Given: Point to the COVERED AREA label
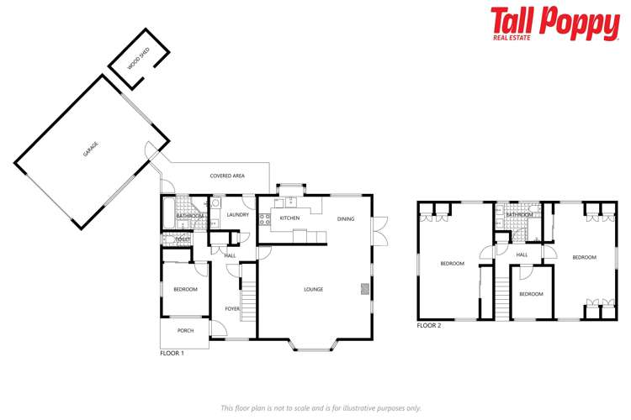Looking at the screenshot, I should coord(227,176).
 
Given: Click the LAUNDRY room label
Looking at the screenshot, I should coord(238,214).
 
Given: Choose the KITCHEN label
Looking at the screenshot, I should coord(289,218).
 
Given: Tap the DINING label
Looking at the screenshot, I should coord(346,218).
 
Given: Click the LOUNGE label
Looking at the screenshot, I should coord(314,289).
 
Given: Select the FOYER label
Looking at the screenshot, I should coord(232,309).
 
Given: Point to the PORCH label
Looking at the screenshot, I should coord(185,330).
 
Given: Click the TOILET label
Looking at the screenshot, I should coord(183,239).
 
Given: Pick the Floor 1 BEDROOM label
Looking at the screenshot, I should coord(185,289).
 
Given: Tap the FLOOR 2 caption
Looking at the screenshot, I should coord(429,324).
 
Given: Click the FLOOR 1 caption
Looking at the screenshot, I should coord(172,354).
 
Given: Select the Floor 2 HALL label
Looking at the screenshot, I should coord(522,255).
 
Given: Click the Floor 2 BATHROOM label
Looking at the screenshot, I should coord(519,215).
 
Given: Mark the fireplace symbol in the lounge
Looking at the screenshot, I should coord(365,288).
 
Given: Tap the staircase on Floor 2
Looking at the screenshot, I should coord(501,295).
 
